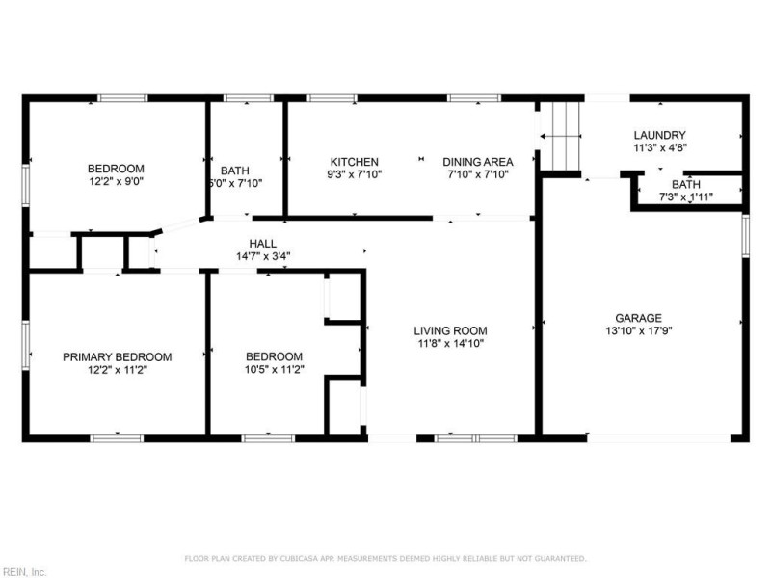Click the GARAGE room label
click(x=639, y=318)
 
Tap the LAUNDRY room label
click(x=659, y=135)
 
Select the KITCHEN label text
click(x=355, y=162)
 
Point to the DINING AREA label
click(x=477, y=162)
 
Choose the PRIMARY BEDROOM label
click(x=118, y=356)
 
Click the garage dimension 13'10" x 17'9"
click(x=639, y=331)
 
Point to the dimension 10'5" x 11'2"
click(x=274, y=370)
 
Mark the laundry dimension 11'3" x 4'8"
click(x=659, y=148)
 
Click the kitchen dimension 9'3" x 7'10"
click(x=355, y=175)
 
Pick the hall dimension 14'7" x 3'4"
click(x=263, y=257)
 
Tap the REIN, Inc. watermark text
click(x=23, y=571)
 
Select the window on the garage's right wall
click(x=745, y=235)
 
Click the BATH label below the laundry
click(x=686, y=184)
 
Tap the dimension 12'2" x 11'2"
click(x=118, y=370)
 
